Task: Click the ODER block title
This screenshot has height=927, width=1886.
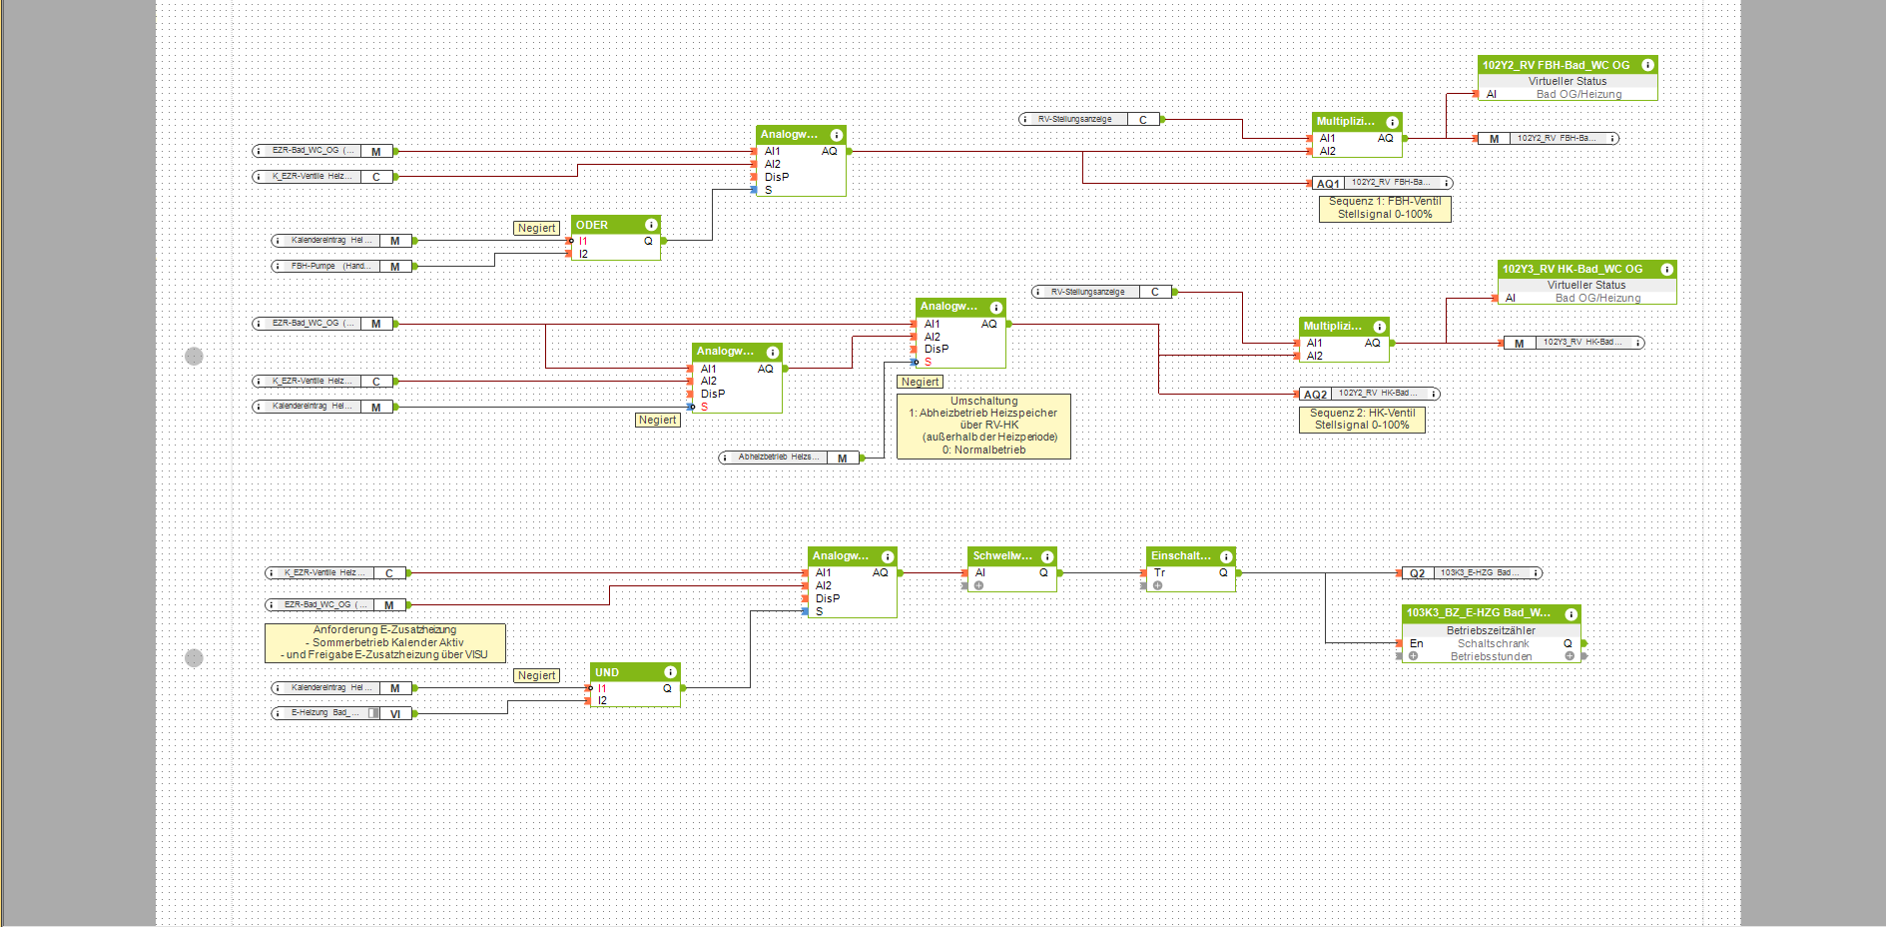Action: (x=592, y=225)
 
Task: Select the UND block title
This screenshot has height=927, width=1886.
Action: (x=607, y=672)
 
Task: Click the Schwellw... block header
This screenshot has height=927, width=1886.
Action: (x=1002, y=556)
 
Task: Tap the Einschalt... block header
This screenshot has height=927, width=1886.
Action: (x=1181, y=556)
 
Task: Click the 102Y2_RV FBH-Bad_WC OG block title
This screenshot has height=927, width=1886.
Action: (x=1556, y=65)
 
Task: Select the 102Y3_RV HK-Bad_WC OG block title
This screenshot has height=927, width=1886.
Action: (x=1572, y=269)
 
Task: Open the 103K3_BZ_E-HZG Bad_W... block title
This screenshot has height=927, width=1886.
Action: (x=1479, y=613)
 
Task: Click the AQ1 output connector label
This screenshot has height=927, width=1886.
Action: (x=1327, y=184)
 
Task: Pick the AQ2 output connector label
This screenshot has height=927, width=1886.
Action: (x=1315, y=395)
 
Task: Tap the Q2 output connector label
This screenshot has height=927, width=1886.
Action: (x=1417, y=573)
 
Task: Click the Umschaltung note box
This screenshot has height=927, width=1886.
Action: (x=983, y=426)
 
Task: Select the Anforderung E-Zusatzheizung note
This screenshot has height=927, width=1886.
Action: (x=384, y=642)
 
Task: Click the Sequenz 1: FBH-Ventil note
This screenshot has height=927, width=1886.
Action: (x=1384, y=208)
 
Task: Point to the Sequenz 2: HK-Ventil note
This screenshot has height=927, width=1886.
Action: (x=1362, y=419)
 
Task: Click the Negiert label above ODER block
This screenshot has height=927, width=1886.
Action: (x=536, y=229)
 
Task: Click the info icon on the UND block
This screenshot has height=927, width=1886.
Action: (x=670, y=672)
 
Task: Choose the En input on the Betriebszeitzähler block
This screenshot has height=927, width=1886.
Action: (x=1416, y=643)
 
